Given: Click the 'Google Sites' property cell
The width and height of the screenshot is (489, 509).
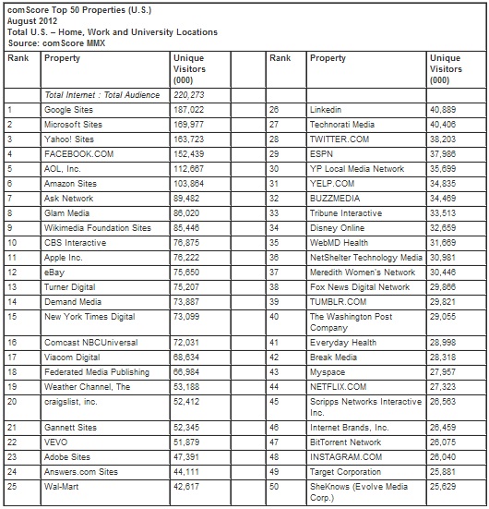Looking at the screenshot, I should [x=69, y=108].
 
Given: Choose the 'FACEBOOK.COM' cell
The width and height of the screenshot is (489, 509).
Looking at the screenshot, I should [x=75, y=152].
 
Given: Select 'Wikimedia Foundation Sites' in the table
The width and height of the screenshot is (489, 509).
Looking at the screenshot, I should [x=97, y=226].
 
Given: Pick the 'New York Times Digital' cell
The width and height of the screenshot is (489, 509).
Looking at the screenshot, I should [x=89, y=317].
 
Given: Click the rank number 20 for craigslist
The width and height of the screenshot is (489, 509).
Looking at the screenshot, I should [x=12, y=402].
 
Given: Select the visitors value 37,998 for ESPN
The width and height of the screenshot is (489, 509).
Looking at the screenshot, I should [x=444, y=152].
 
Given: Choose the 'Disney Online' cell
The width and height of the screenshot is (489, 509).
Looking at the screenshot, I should [x=336, y=226].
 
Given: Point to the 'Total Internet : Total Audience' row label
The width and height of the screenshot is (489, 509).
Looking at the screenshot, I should [x=101, y=94].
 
